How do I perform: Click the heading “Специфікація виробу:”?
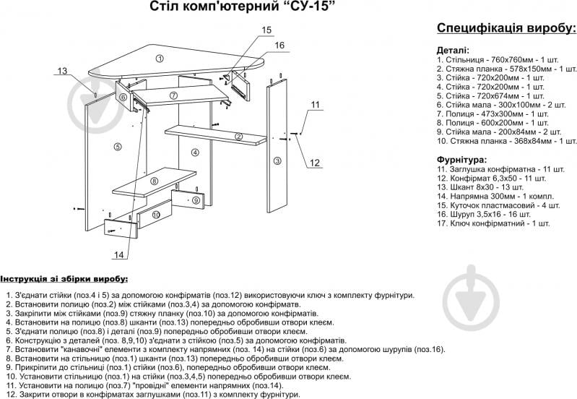[x=506, y=28]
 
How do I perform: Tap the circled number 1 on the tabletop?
[x=160, y=57]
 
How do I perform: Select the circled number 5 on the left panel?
[x=117, y=147]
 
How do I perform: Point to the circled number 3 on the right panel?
[x=277, y=161]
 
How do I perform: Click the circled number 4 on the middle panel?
[x=194, y=153]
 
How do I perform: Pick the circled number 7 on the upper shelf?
[x=173, y=95]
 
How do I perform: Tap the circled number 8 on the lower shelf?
[x=154, y=181]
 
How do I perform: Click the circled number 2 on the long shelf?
[x=238, y=136]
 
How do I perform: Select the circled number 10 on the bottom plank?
[x=155, y=215]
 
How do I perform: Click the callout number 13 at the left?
[x=62, y=71]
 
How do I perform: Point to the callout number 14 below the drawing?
[x=119, y=255]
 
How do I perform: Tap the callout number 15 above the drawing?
[x=266, y=30]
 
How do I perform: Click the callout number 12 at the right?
[x=314, y=163]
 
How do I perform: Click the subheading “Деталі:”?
[x=451, y=51]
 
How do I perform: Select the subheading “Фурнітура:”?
[x=461, y=158]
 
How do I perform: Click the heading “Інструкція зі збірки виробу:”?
[x=64, y=278]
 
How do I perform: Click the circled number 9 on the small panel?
[x=195, y=199]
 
